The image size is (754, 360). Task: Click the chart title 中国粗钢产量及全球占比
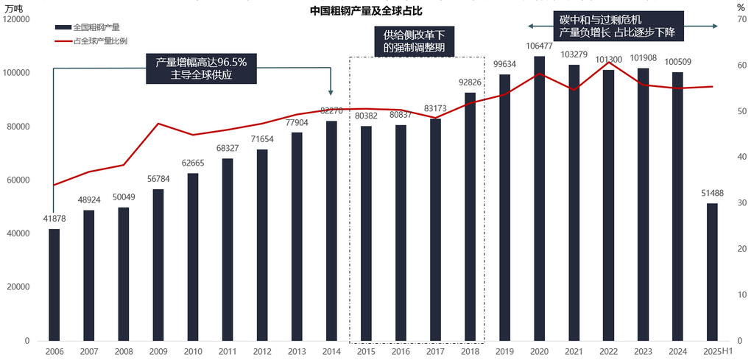(x=377, y=12)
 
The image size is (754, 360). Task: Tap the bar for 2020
(x=539, y=198)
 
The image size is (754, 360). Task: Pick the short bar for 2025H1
(x=712, y=272)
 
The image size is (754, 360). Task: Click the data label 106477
(x=539, y=46)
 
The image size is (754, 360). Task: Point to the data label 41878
(x=54, y=219)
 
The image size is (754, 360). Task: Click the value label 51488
(x=712, y=194)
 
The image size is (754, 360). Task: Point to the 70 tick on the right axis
(x=741, y=19)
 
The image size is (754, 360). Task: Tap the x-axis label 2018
(x=469, y=352)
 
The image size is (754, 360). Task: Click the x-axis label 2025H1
(x=716, y=352)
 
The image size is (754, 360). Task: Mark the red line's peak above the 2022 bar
(x=608, y=63)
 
